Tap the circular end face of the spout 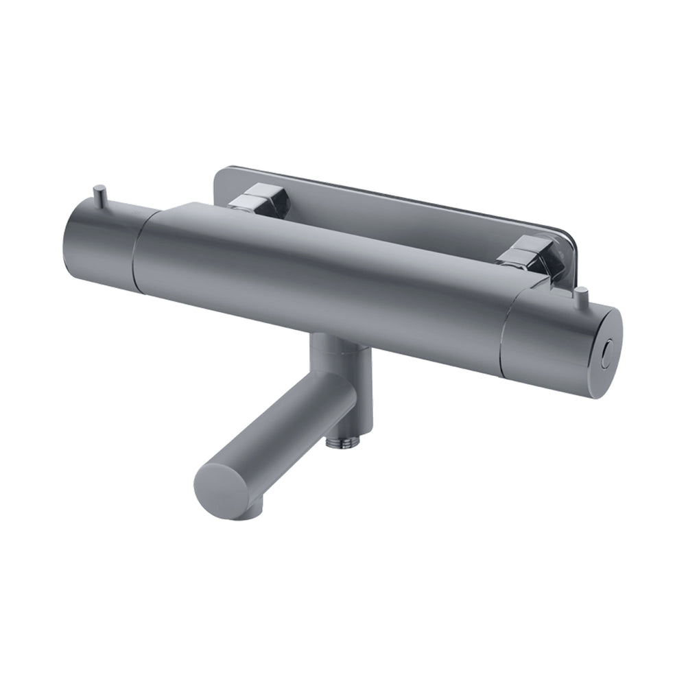[223, 493]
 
